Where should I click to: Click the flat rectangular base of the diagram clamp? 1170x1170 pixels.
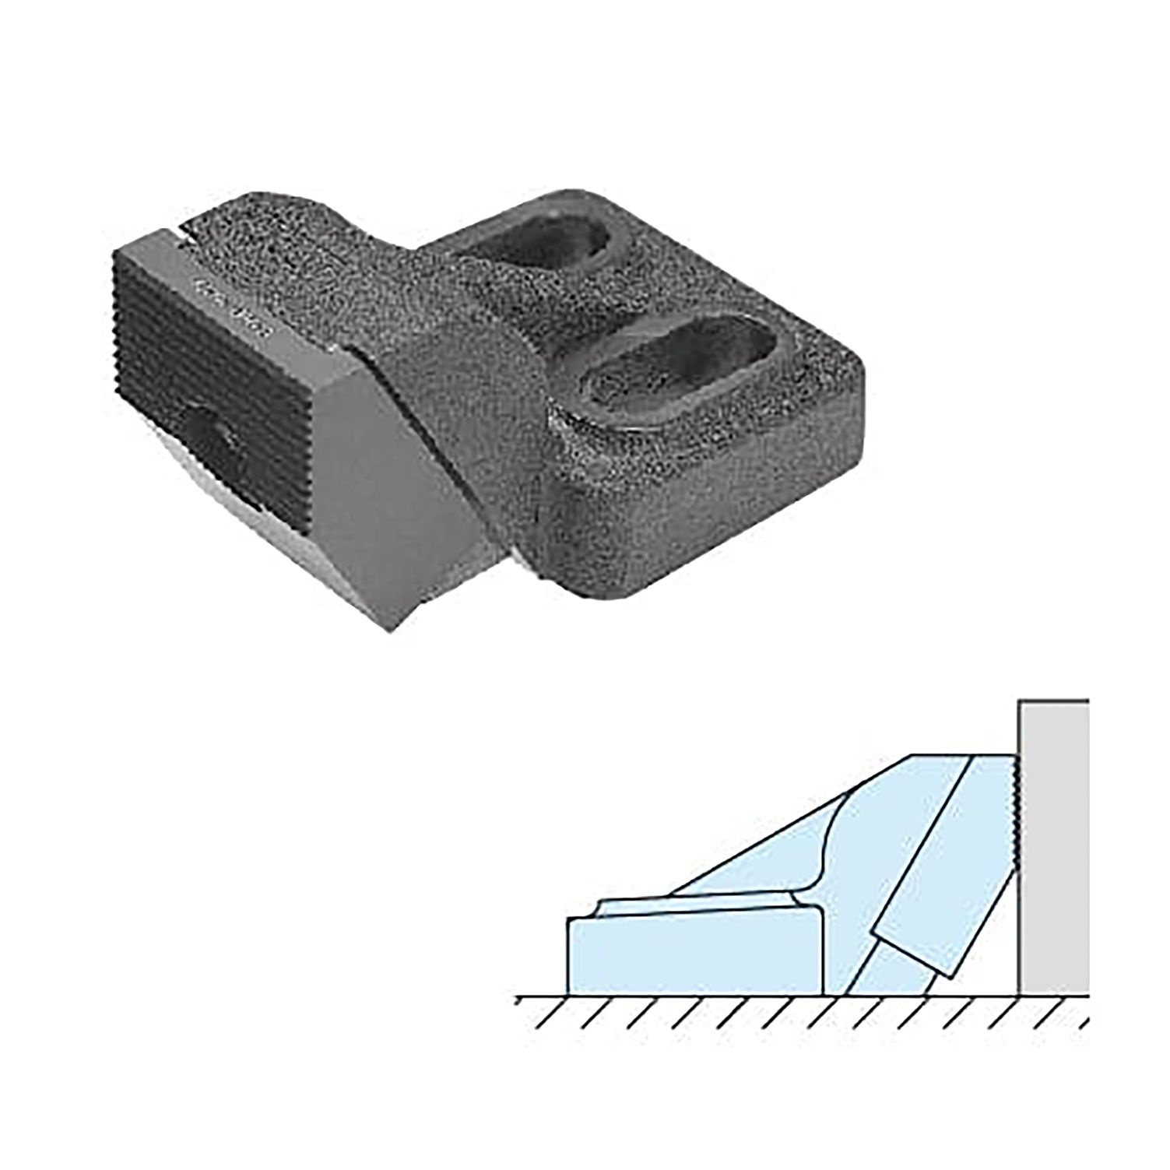[x=693, y=957]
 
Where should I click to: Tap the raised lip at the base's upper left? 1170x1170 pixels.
[x=603, y=905]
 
